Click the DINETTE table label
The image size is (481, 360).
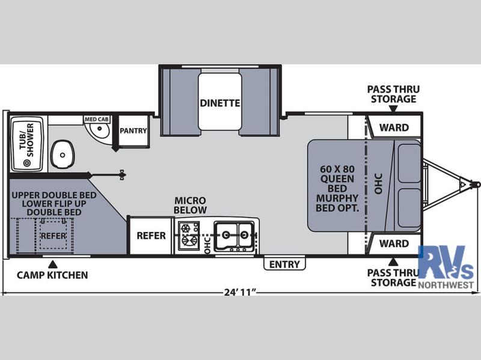coord(220,103)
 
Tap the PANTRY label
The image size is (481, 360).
coord(133,130)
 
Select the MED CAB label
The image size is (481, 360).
coord(97,119)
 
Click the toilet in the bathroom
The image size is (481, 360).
coord(63,154)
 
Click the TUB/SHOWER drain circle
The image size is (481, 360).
coord(27,163)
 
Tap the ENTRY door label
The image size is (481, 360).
coord(284,264)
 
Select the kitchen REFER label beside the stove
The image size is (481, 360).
coord(152,236)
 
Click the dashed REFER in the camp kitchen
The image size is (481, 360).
coord(54,236)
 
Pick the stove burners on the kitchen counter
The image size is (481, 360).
coord(188,234)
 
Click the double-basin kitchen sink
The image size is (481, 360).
coord(234,236)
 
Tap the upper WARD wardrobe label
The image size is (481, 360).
coord(394,127)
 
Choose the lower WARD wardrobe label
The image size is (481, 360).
coord(394,243)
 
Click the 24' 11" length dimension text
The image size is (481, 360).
coord(240,292)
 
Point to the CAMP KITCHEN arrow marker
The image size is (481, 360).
coord(53,264)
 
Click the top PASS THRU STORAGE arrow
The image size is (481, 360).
coord(393,109)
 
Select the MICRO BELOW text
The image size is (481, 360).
coord(190,205)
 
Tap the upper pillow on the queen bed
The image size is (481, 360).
coord(409,163)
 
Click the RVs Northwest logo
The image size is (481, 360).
coord(446,267)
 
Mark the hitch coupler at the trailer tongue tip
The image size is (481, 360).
coord(476,185)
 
